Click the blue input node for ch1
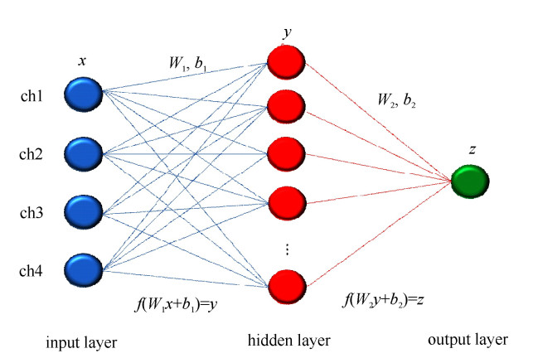point(82,93)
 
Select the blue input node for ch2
point(82,152)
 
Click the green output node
point(470,181)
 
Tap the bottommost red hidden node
point(284,285)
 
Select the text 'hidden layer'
point(288,340)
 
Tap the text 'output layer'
point(468,339)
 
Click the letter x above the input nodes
point(82,60)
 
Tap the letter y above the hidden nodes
point(286,34)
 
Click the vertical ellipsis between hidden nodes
point(286,249)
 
